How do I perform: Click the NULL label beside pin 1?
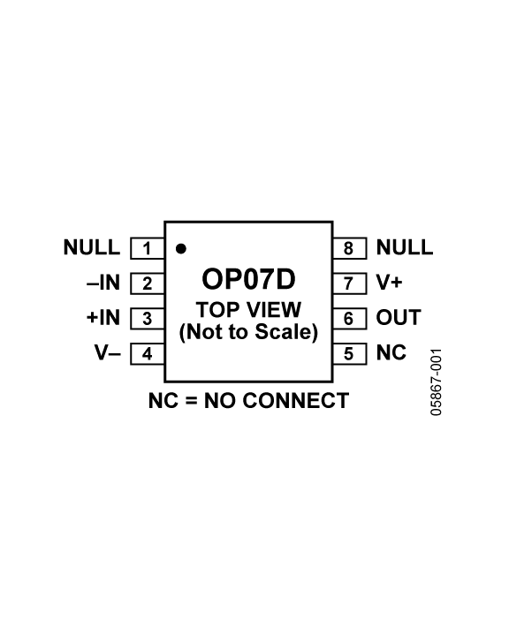tap(92, 247)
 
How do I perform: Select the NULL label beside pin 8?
tap(405, 247)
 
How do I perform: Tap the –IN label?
tap(103, 283)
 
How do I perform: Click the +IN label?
tap(103, 318)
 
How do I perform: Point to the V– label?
tap(108, 352)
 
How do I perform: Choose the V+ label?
tap(390, 283)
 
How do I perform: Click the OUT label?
tap(399, 318)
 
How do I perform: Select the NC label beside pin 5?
tap(391, 352)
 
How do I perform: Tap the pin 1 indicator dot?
tap(181, 249)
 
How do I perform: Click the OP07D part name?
tap(248, 279)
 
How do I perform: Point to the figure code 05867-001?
tap(436, 382)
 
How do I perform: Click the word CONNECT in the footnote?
tap(296, 401)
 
